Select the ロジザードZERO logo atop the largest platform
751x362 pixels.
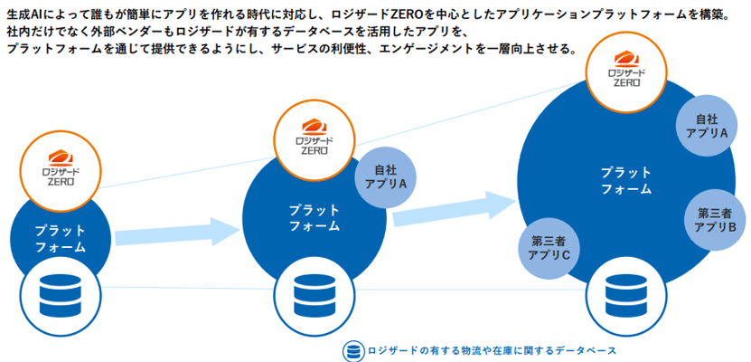[x=625, y=67]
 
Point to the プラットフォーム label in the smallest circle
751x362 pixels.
[x=61, y=238]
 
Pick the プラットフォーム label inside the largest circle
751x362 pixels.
[x=626, y=180]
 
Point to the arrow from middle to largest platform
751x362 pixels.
[x=449, y=205]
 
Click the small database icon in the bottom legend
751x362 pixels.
[x=353, y=351]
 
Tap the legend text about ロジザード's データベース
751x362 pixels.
[x=492, y=351]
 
